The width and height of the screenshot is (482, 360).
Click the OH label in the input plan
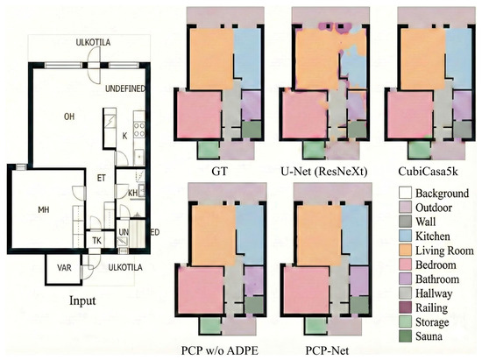coord(69,116)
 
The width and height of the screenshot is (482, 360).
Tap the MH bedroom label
coord(44,210)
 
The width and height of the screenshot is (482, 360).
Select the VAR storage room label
coord(64,268)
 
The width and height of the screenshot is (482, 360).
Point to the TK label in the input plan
coord(96,241)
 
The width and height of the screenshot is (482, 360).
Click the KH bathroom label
coord(133,194)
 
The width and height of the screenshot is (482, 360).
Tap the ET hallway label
coord(102,178)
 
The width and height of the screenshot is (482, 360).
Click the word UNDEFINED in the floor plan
coord(125,88)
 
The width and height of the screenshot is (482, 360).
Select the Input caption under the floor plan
coord(82,300)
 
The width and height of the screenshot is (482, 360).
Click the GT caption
coord(220,171)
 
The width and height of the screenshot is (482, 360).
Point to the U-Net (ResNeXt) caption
coord(324,172)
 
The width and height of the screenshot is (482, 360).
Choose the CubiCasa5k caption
coord(428,171)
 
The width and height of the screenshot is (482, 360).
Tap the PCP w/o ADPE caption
coord(219,350)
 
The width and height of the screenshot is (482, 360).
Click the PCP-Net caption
coord(327,350)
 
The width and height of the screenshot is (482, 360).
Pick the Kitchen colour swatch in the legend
coord(405,236)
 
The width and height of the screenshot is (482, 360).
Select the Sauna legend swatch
coord(405,336)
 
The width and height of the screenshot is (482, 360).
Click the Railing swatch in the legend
coord(405,307)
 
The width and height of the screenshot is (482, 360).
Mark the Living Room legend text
coord(444,251)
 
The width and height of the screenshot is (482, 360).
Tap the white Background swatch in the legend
coord(405,193)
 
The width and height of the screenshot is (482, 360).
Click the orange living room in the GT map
coord(212,59)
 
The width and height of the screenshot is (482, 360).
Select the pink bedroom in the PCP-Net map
coord(306,290)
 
